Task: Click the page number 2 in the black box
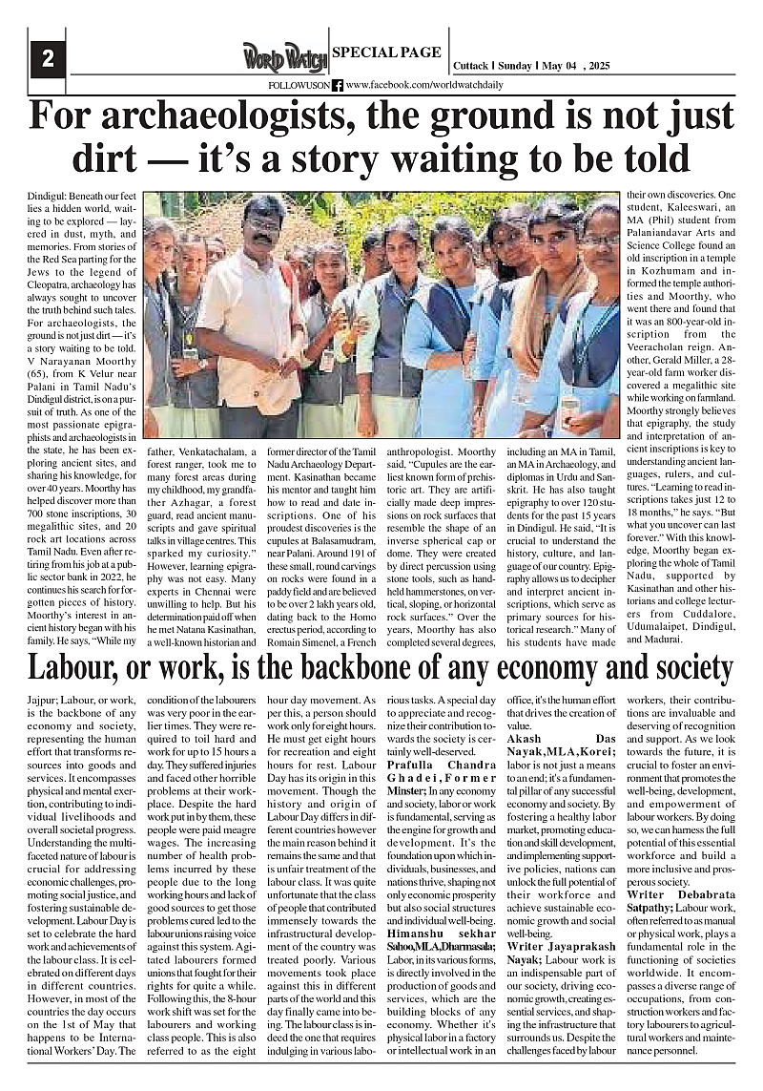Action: coord(47,58)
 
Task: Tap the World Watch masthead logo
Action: coord(284,58)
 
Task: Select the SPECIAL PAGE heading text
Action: coord(386,52)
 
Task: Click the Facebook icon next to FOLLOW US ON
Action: coord(338,85)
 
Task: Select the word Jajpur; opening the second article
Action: coord(44,700)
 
